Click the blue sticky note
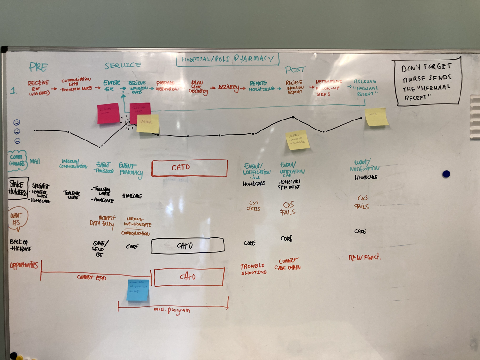[138, 290]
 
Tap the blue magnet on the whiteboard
[446, 174]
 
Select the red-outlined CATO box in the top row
[190, 168]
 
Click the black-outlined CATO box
[188, 245]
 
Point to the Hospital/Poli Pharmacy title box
[227, 60]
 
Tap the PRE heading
[39, 66]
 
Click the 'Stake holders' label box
[17, 187]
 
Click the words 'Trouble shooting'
[253, 269]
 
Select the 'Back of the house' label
[19, 245]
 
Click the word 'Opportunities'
[23, 265]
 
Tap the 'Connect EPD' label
[91, 277]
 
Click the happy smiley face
[17, 122]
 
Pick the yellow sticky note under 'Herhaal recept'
[377, 117]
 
